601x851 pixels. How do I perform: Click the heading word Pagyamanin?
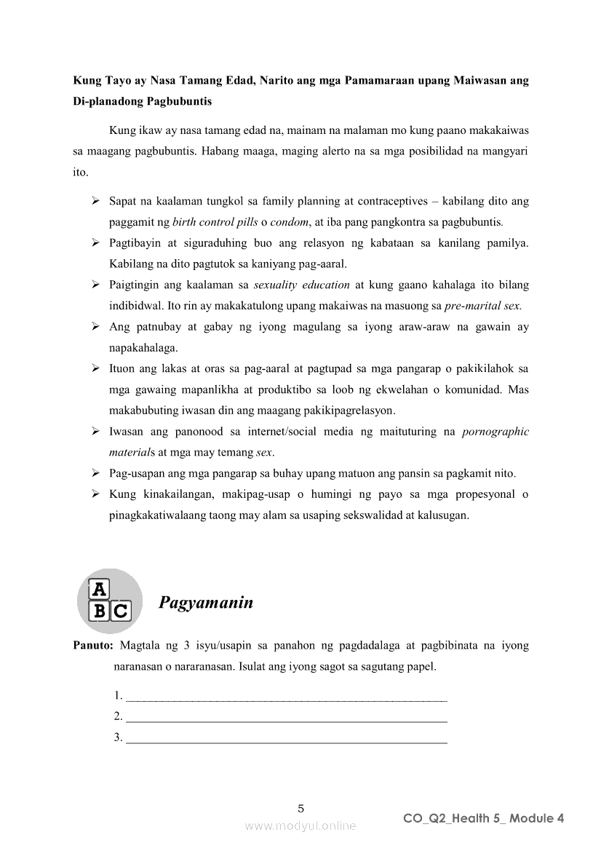click(x=206, y=603)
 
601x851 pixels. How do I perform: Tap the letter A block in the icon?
click(x=99, y=590)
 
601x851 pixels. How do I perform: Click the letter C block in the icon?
click(x=121, y=611)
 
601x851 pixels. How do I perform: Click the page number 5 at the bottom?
click(x=301, y=808)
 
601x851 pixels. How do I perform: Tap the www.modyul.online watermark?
click(x=300, y=826)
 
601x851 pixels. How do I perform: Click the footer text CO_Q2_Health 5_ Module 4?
click(x=484, y=818)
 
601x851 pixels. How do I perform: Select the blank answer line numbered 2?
click(x=286, y=717)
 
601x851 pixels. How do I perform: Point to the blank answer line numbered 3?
click(x=286, y=738)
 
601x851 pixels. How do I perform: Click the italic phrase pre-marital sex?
click(x=487, y=306)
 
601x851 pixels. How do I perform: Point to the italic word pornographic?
click(x=495, y=432)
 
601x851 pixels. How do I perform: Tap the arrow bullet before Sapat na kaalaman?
click(x=95, y=200)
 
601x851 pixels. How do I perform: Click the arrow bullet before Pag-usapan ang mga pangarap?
click(x=95, y=473)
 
